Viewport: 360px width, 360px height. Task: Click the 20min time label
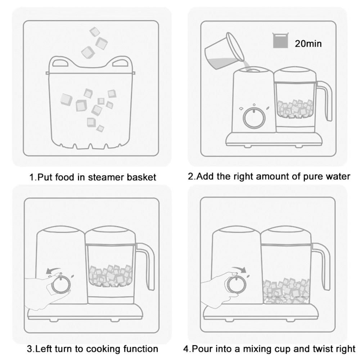[308, 44]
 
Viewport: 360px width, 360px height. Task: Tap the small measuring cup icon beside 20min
[280, 40]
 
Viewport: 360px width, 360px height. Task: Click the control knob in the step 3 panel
[61, 285]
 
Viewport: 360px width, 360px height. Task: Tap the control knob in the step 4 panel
[237, 285]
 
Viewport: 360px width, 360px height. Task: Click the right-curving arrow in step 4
[239, 269]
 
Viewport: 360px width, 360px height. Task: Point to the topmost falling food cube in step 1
[94, 32]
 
